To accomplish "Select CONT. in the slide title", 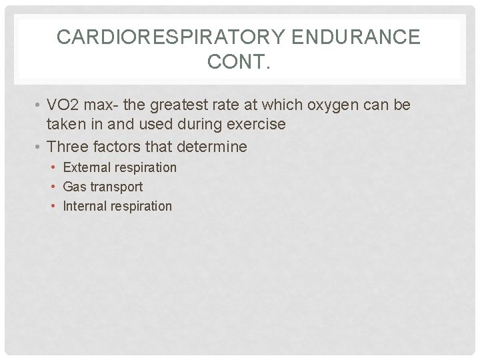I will tap(239, 63).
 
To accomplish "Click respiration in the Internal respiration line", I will tap(141, 206).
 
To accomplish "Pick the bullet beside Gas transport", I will tap(54, 187).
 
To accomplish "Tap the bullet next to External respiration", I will tap(54, 168).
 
